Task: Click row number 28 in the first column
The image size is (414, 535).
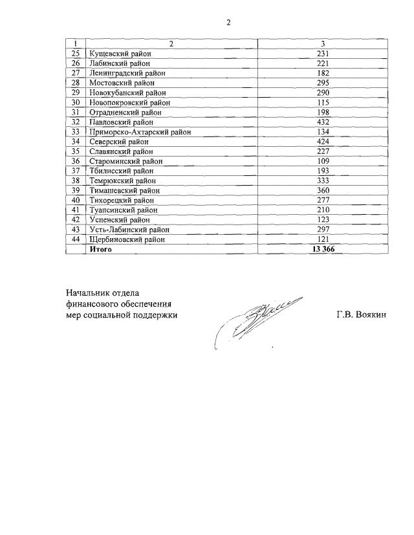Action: coord(76,83)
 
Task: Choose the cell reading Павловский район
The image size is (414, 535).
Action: coord(121,122)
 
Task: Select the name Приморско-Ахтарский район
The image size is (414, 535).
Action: coord(137,131)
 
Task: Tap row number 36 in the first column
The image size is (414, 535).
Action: coord(76,161)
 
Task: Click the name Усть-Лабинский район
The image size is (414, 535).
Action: coord(129,230)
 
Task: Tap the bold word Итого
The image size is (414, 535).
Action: coord(100,249)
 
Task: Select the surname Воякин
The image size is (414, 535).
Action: coord(371,315)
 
